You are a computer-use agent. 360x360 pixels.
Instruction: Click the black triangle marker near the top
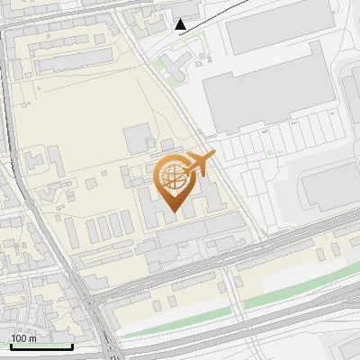[x=181, y=24]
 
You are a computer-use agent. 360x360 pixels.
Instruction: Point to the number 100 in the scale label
[x=18, y=338]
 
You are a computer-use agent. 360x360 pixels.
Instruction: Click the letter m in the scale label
[x=32, y=338]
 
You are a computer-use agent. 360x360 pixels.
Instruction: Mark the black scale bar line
[x=41, y=346]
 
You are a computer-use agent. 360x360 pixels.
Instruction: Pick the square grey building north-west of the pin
[x=138, y=139]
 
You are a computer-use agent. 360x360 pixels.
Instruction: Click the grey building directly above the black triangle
[x=184, y=8]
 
